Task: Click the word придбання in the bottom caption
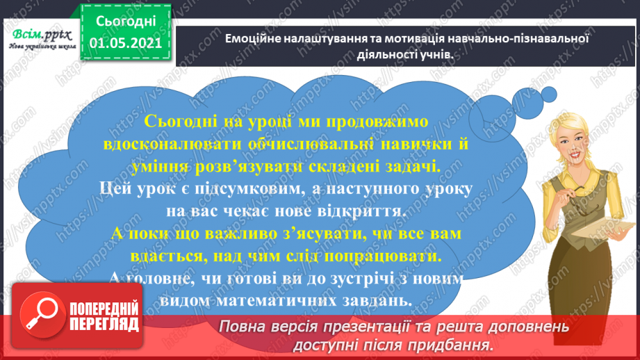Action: click(457, 345)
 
